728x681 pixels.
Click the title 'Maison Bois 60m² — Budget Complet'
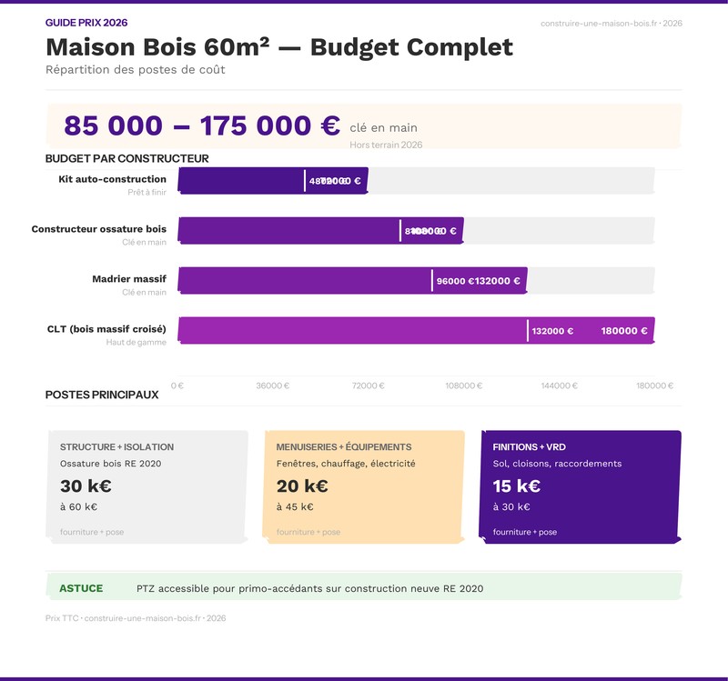pyautogui.click(x=278, y=47)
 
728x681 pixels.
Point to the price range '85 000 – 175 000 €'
pyautogui.click(x=201, y=125)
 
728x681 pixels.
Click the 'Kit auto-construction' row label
pyautogui.click(x=112, y=179)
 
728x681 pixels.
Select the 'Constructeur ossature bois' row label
pyautogui.click(x=99, y=229)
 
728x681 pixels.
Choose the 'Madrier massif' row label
pyautogui.click(x=129, y=279)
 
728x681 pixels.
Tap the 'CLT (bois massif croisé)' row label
pyautogui.click(x=106, y=329)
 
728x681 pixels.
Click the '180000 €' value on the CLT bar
pyautogui.click(x=624, y=331)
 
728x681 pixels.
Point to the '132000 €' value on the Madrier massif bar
pyautogui.click(x=498, y=281)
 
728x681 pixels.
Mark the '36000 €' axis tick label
pyautogui.click(x=272, y=386)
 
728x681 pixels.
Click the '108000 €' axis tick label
pyautogui.click(x=463, y=386)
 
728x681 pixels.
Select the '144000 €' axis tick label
pyautogui.click(x=559, y=386)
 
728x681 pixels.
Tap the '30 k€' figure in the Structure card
pyautogui.click(x=86, y=486)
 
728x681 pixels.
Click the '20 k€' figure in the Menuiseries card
pyautogui.click(x=302, y=486)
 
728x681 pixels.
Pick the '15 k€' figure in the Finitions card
pyautogui.click(x=517, y=486)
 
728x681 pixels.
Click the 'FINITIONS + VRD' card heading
pyautogui.click(x=529, y=447)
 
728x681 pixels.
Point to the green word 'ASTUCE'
pyautogui.click(x=81, y=588)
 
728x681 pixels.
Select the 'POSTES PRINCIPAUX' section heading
pyautogui.click(x=102, y=395)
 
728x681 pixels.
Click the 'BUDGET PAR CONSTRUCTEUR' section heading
pyautogui.click(x=126, y=159)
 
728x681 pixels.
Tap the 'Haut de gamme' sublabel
pyautogui.click(x=136, y=343)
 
